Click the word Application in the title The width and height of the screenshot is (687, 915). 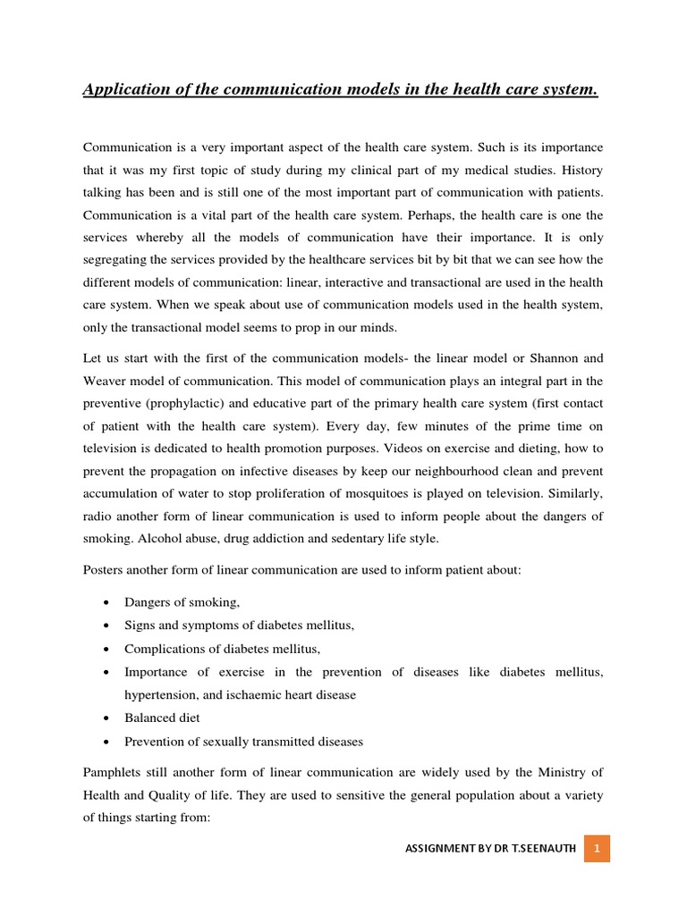(123, 89)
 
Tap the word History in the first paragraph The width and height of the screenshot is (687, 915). (583, 170)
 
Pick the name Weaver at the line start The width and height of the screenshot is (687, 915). (103, 380)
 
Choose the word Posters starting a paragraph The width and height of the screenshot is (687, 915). (105, 569)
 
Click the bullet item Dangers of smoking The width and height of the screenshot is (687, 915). (182, 602)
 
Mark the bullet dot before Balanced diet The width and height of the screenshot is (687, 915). (107, 718)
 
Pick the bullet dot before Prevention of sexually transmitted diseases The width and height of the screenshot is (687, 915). (107, 742)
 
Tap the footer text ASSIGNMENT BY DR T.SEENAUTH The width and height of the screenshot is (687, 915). (488, 848)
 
